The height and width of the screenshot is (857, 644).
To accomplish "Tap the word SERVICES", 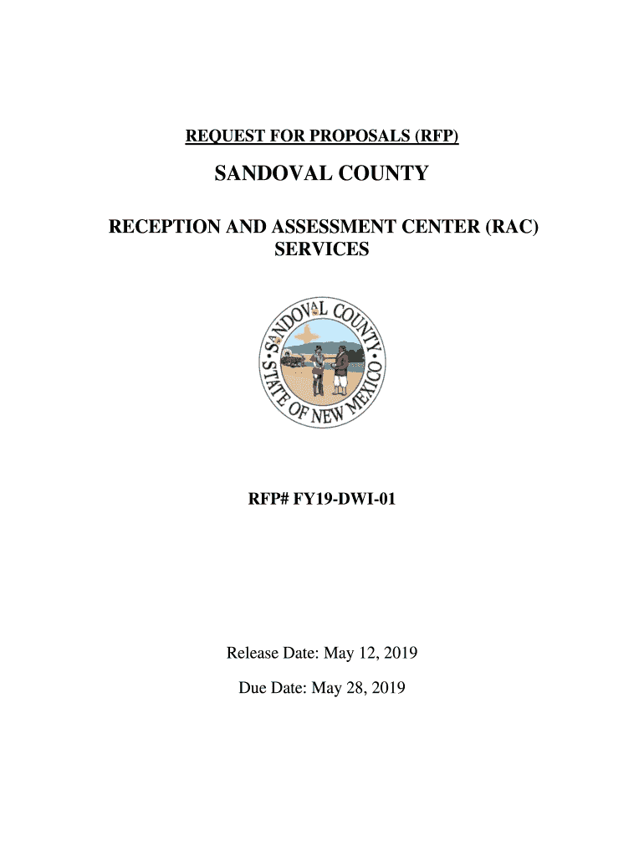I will pos(321,249).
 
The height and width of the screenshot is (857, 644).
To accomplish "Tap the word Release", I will pos(251,653).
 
